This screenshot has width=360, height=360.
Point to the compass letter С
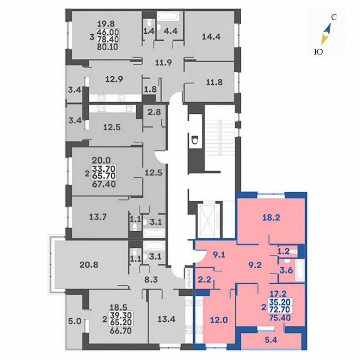click(x=333, y=17)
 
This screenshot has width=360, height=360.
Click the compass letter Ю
click(x=318, y=52)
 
